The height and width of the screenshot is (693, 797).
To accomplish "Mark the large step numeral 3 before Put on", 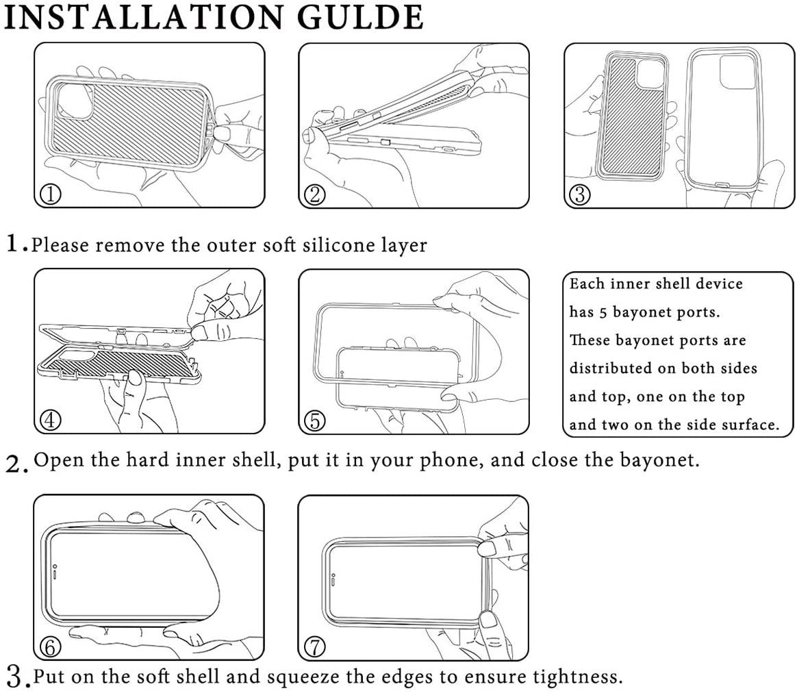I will [15, 677].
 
